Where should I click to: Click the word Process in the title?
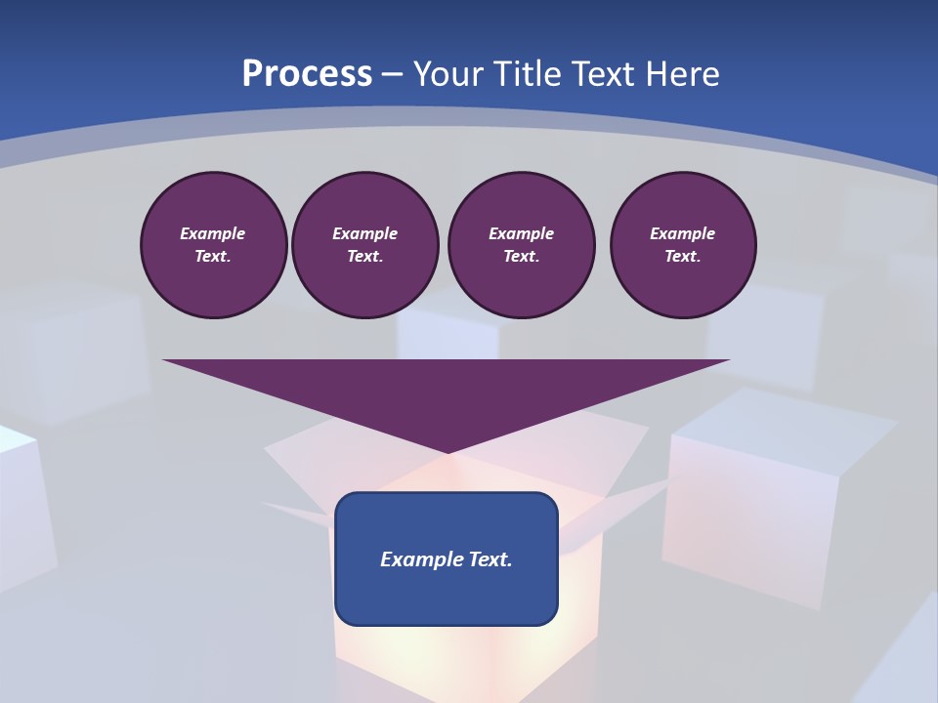click(x=307, y=74)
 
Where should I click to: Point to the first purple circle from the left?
click(x=213, y=245)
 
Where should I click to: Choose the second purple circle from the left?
click(x=364, y=245)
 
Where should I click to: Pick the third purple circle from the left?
click(x=521, y=245)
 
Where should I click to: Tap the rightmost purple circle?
click(x=683, y=245)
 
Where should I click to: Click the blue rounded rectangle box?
click(x=447, y=558)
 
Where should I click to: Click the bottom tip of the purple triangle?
click(x=447, y=451)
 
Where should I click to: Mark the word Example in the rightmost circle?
click(x=683, y=233)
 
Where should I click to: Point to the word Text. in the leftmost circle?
click(x=213, y=257)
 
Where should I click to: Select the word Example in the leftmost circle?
click(x=213, y=233)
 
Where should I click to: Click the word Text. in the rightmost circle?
click(x=683, y=257)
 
